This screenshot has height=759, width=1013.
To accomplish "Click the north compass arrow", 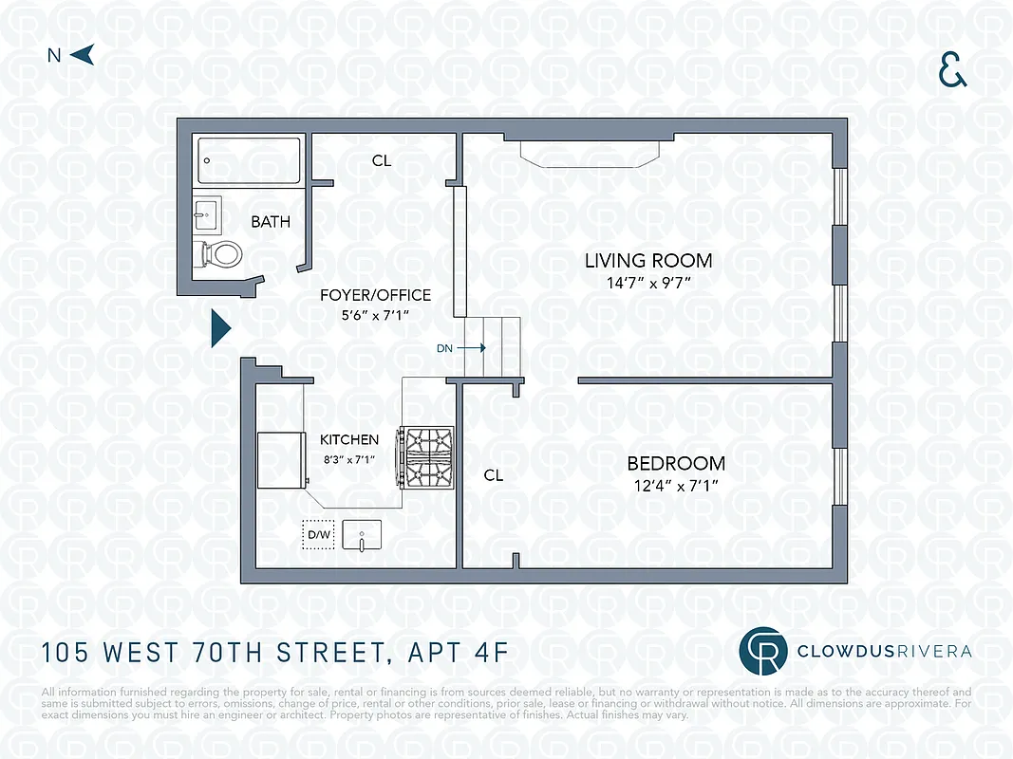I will (x=83, y=55).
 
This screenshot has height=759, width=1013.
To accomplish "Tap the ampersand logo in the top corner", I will (x=952, y=70).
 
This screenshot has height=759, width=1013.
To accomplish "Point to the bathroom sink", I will (x=208, y=215).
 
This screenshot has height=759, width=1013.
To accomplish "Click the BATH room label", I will (x=271, y=222).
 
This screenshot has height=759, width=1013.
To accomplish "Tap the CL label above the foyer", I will (x=381, y=161).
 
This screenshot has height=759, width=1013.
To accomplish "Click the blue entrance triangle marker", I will (x=220, y=328).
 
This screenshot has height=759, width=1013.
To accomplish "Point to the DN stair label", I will (x=444, y=348).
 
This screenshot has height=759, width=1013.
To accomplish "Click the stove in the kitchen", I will (x=428, y=455).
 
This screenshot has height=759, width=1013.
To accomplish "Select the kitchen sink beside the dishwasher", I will (x=362, y=535).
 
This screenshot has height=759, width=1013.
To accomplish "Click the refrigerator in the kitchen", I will (x=280, y=460).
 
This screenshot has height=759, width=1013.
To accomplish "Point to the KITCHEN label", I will (x=348, y=439).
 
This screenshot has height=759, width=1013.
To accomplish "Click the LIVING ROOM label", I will (x=647, y=260).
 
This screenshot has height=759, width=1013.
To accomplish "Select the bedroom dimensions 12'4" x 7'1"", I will (x=676, y=486).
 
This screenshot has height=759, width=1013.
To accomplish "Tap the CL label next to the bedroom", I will (x=493, y=475).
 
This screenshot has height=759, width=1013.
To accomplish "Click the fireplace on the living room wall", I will (x=590, y=154).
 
